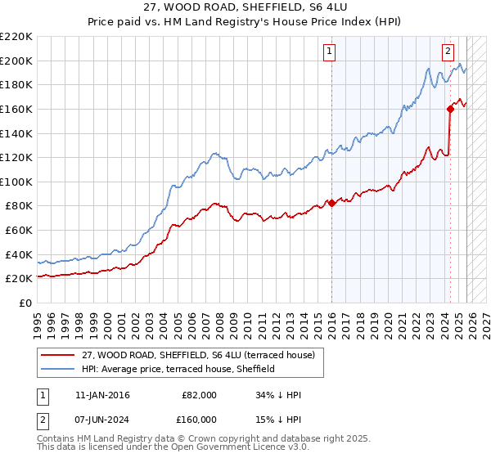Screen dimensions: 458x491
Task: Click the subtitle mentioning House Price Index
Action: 245,23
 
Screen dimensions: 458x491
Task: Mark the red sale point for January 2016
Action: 331,204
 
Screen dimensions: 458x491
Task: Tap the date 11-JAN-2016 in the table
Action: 101,395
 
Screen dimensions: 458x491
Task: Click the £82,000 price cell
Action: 199,395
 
